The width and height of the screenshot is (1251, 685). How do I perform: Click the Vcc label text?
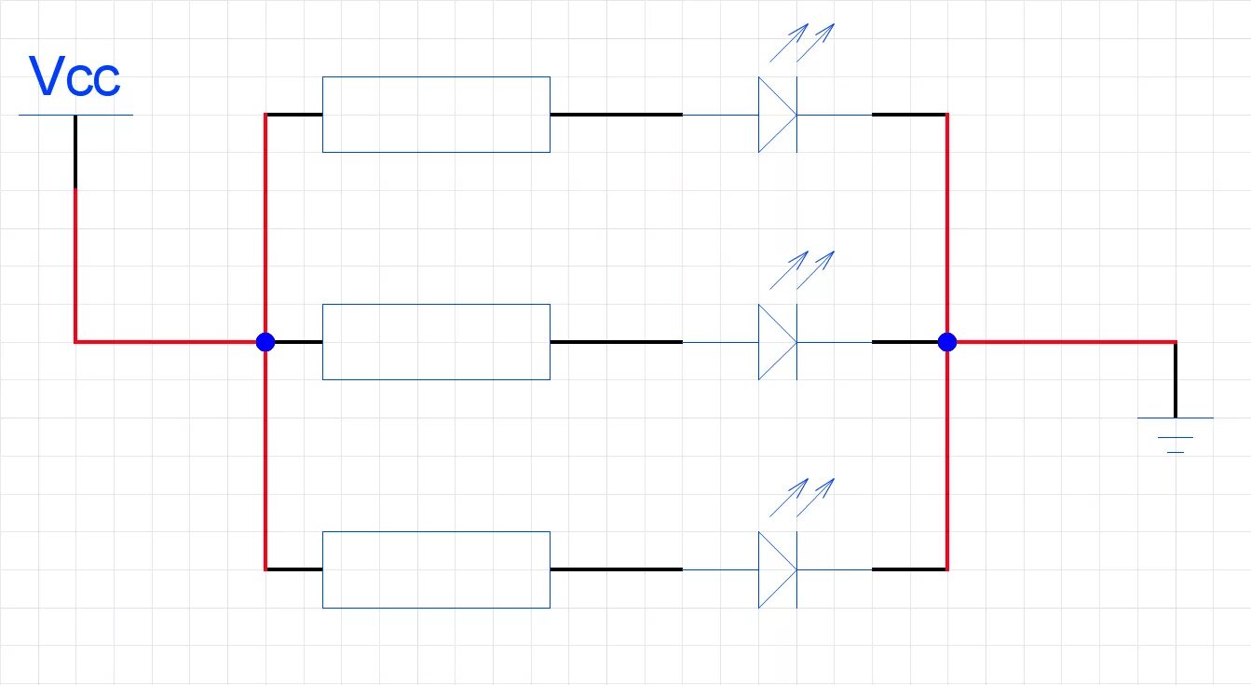click(75, 77)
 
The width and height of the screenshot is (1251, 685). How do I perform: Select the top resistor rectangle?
click(436, 115)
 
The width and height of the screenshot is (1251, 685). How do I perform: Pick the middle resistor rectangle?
click(436, 342)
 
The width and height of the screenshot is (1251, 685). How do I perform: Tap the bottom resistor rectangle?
click(436, 569)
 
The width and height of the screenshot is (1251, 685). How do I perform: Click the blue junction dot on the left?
click(265, 342)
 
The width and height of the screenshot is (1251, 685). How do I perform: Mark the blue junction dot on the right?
click(947, 342)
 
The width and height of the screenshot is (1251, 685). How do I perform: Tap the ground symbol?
click(1176, 433)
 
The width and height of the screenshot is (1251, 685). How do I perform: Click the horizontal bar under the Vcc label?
click(75, 115)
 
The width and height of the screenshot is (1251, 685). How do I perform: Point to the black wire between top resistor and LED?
click(616, 115)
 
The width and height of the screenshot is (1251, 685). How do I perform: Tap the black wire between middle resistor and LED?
click(616, 342)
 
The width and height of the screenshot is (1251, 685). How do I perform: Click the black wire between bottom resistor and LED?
click(616, 569)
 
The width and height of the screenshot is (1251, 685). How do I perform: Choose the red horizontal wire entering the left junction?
click(168, 342)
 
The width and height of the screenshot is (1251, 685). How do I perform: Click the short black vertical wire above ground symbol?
click(1176, 380)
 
